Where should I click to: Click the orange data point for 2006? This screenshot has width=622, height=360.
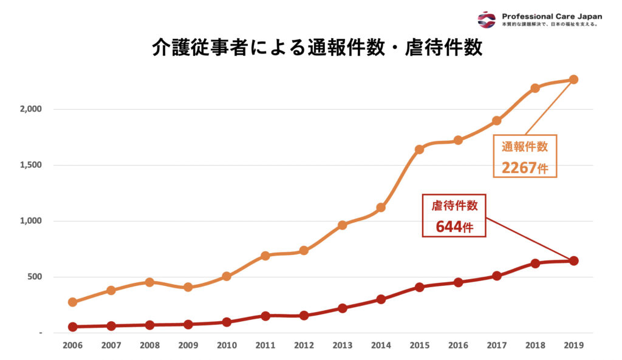(73, 302)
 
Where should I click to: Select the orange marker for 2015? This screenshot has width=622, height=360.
(419, 149)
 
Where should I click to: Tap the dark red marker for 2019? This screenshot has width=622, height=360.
(573, 261)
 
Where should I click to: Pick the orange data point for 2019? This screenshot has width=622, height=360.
(573, 80)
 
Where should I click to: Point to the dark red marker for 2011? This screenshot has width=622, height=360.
(265, 316)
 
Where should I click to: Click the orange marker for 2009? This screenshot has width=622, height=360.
(188, 287)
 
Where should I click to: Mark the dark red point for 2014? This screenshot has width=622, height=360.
(381, 299)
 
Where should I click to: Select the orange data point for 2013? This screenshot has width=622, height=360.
(342, 225)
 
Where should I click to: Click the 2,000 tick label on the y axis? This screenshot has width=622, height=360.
(29, 109)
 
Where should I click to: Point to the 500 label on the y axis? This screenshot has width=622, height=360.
(34, 277)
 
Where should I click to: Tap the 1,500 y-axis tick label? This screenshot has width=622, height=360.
(29, 165)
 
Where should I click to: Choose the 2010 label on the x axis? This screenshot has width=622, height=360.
(227, 345)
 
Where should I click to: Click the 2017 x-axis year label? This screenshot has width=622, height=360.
(496, 345)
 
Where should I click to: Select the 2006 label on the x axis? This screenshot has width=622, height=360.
(73, 345)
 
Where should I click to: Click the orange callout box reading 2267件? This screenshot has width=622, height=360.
(524, 157)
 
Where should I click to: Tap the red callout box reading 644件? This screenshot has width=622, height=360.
(455, 216)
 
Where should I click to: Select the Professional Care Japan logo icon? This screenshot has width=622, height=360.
(487, 19)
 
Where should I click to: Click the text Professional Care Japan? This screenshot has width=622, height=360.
(552, 16)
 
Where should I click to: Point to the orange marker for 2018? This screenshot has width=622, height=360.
(535, 88)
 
